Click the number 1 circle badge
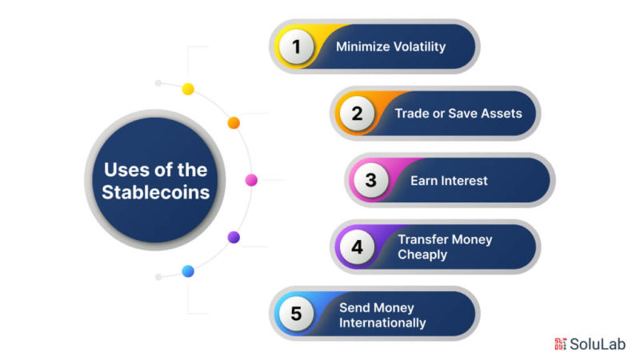point(296,46)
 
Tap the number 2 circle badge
point(357,114)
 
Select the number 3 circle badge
point(370,180)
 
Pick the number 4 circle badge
point(357,247)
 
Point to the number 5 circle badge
point(296,314)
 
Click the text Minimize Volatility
point(390,46)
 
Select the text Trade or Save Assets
point(458,114)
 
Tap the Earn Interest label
point(448,181)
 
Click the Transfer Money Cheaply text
point(445,247)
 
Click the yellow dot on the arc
point(188,89)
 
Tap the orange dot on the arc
point(234,122)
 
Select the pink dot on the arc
point(251,180)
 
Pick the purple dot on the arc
point(234,237)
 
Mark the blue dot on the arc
point(188,271)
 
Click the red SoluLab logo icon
point(560,344)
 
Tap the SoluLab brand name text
point(598,344)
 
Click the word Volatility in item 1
point(418,46)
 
